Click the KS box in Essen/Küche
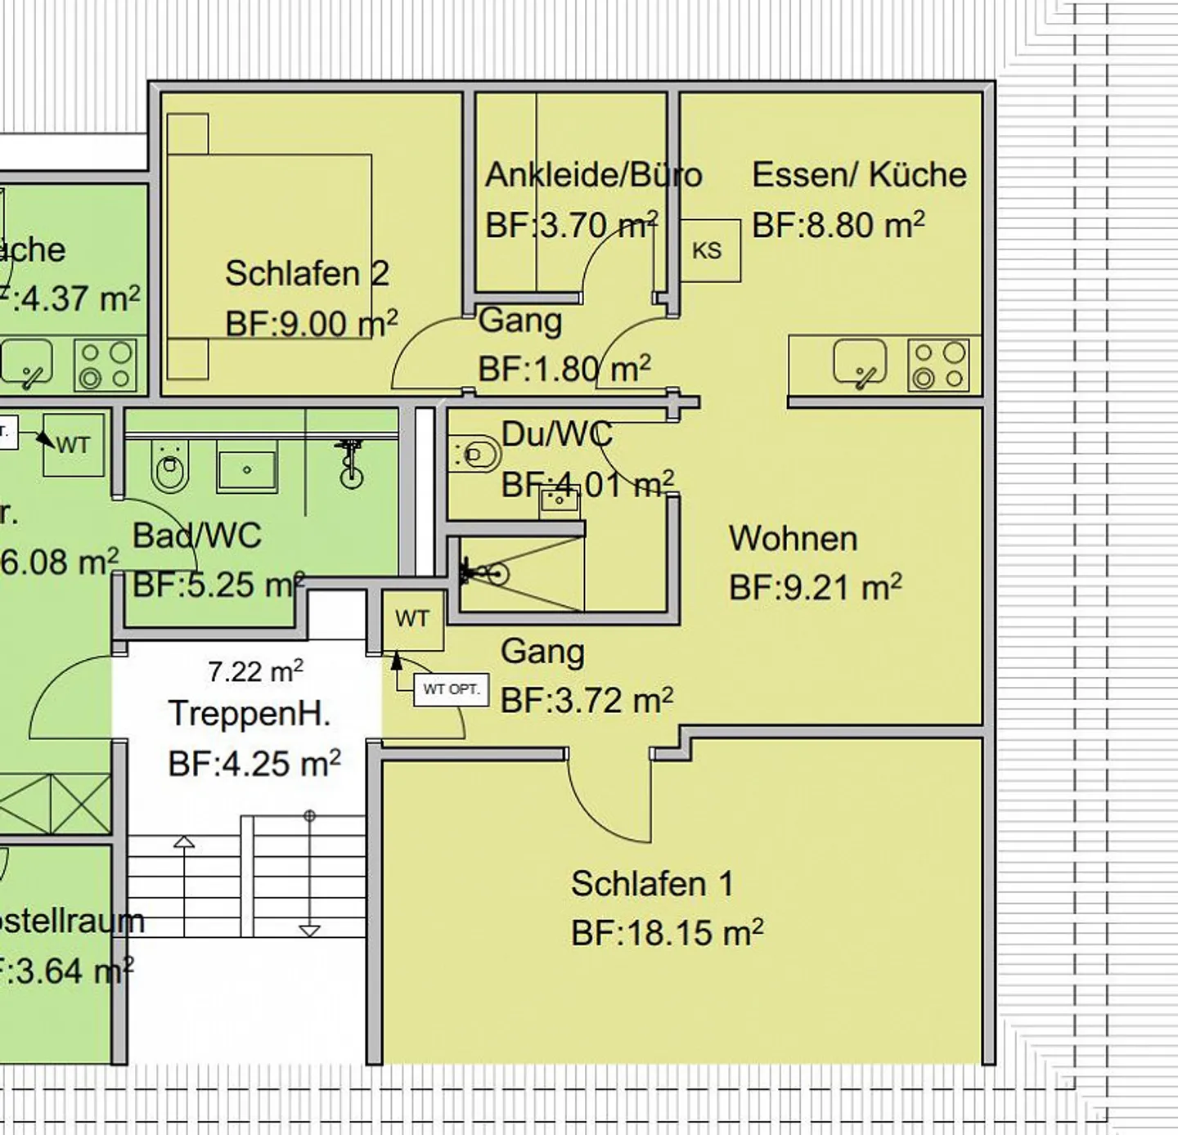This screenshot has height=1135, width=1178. click(709, 250)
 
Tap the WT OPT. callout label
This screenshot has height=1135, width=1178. click(451, 689)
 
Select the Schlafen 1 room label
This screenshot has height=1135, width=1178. click(652, 884)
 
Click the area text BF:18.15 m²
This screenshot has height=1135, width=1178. click(667, 932)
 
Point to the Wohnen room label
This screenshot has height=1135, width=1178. click(793, 539)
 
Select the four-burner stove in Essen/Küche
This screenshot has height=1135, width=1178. click(939, 365)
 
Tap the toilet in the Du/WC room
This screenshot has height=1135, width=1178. click(474, 455)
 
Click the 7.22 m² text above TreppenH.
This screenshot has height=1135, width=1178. click(255, 671)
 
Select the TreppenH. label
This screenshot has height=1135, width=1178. click(250, 714)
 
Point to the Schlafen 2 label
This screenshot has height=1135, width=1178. click(307, 274)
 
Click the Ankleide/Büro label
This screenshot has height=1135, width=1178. click(593, 175)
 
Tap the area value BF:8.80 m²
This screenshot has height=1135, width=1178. click(838, 225)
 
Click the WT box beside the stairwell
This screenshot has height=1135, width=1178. click(412, 619)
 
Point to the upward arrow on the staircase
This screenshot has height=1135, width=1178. click(184, 841)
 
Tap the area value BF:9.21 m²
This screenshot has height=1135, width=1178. click(815, 587)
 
